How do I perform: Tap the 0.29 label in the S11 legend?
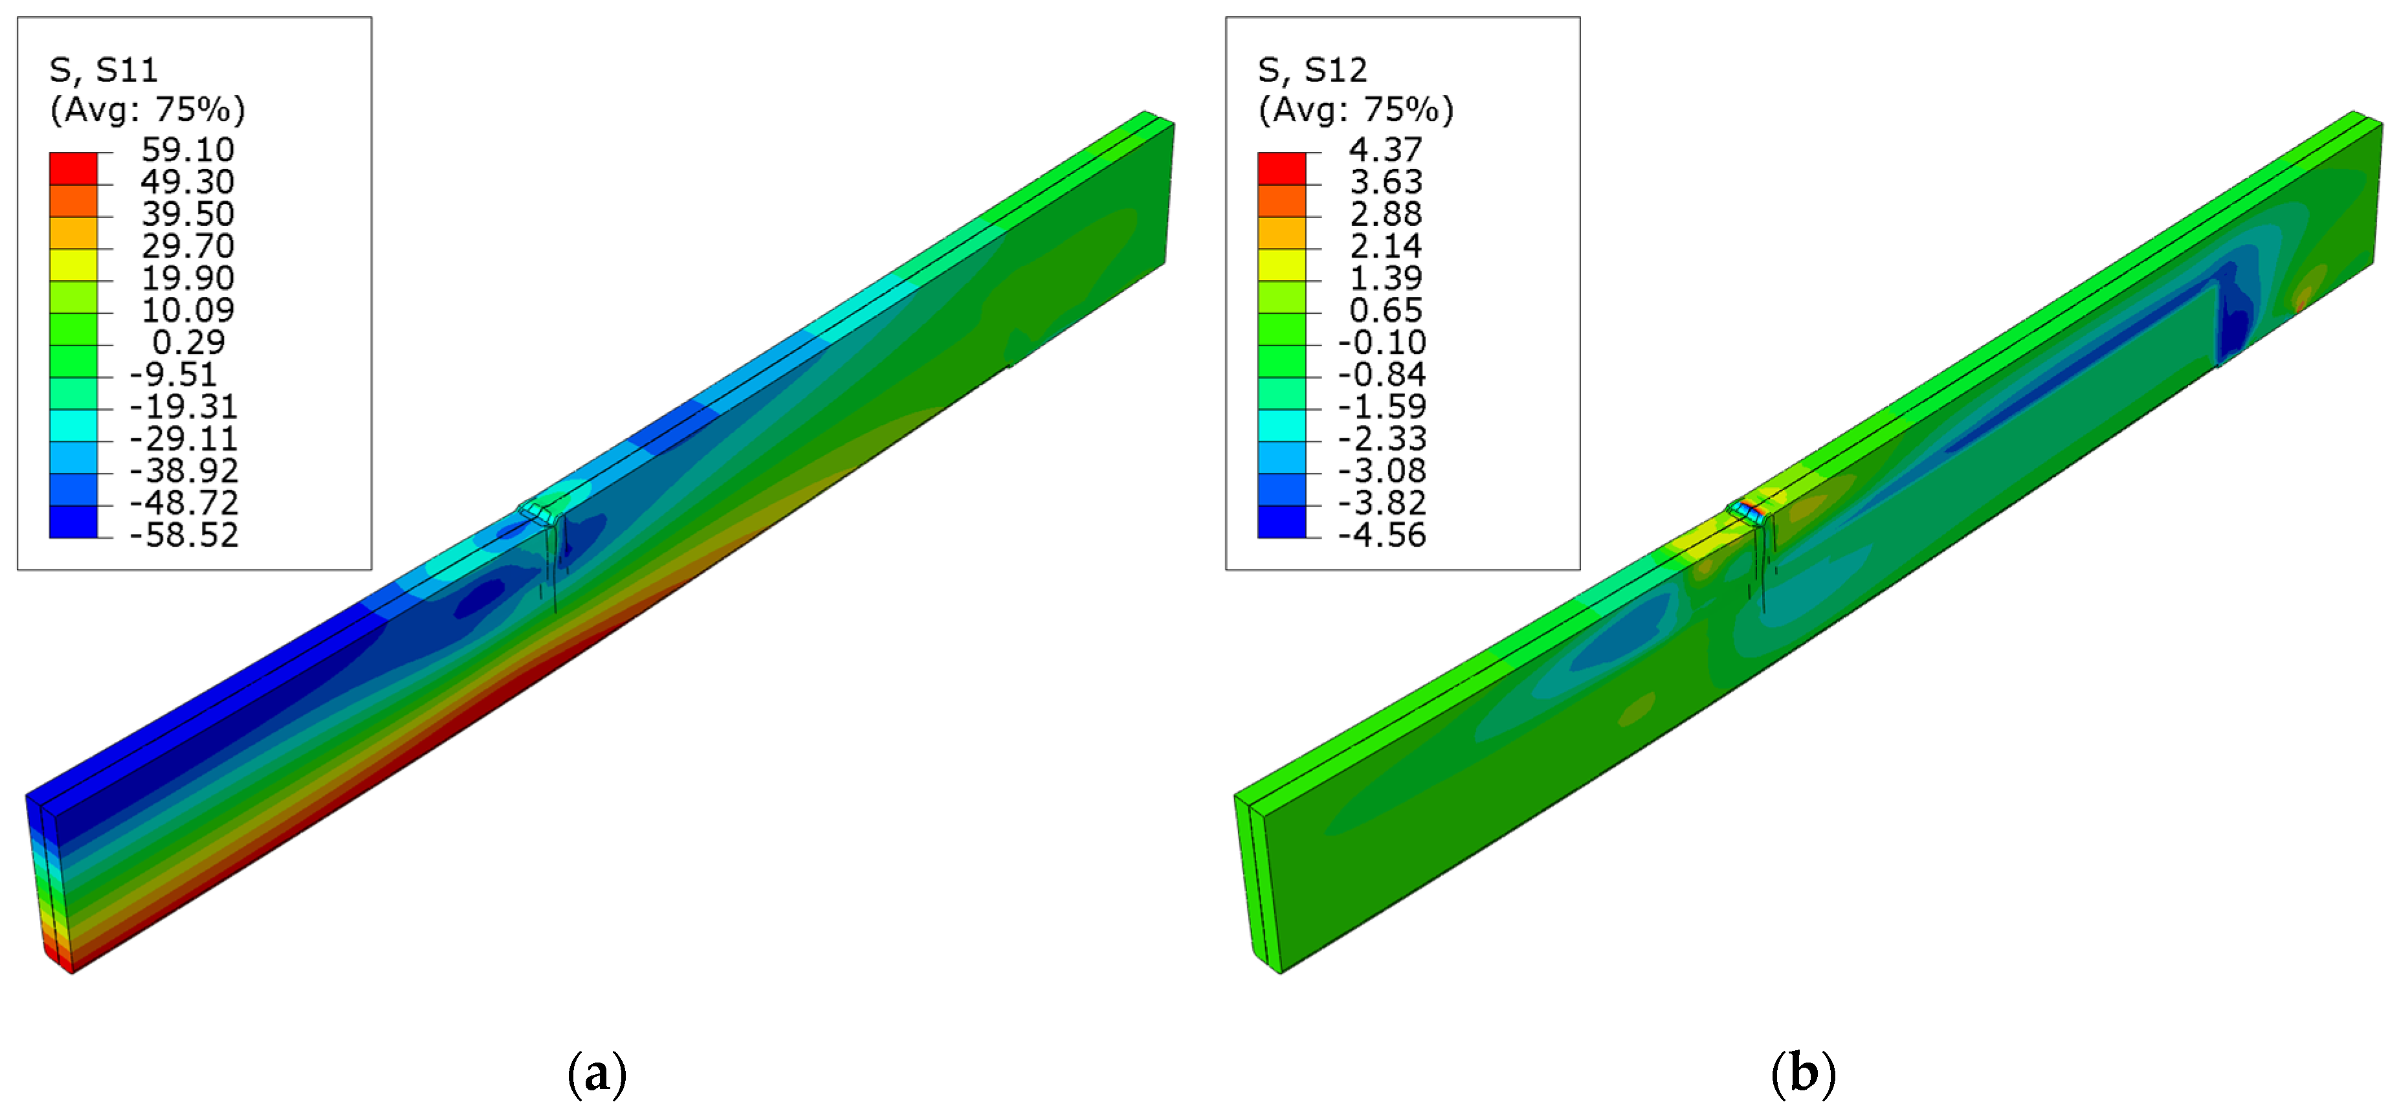point(189,342)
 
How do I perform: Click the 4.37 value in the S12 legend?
point(1386,149)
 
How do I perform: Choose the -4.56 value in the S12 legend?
point(1382,534)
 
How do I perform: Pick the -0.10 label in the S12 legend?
point(1382,342)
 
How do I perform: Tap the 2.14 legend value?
point(1386,246)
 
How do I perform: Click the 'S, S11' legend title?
point(104,70)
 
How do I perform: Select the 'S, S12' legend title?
point(1312,70)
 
